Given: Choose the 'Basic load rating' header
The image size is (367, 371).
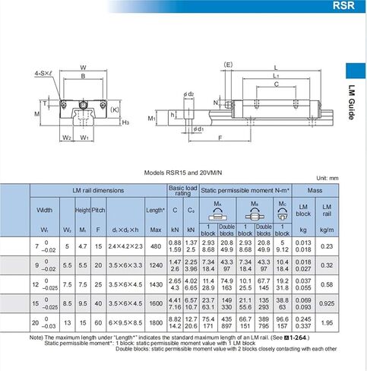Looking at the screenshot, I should (183, 189).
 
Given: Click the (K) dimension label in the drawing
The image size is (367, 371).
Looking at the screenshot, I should (114, 109).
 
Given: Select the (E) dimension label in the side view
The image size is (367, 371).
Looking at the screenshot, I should (228, 65).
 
